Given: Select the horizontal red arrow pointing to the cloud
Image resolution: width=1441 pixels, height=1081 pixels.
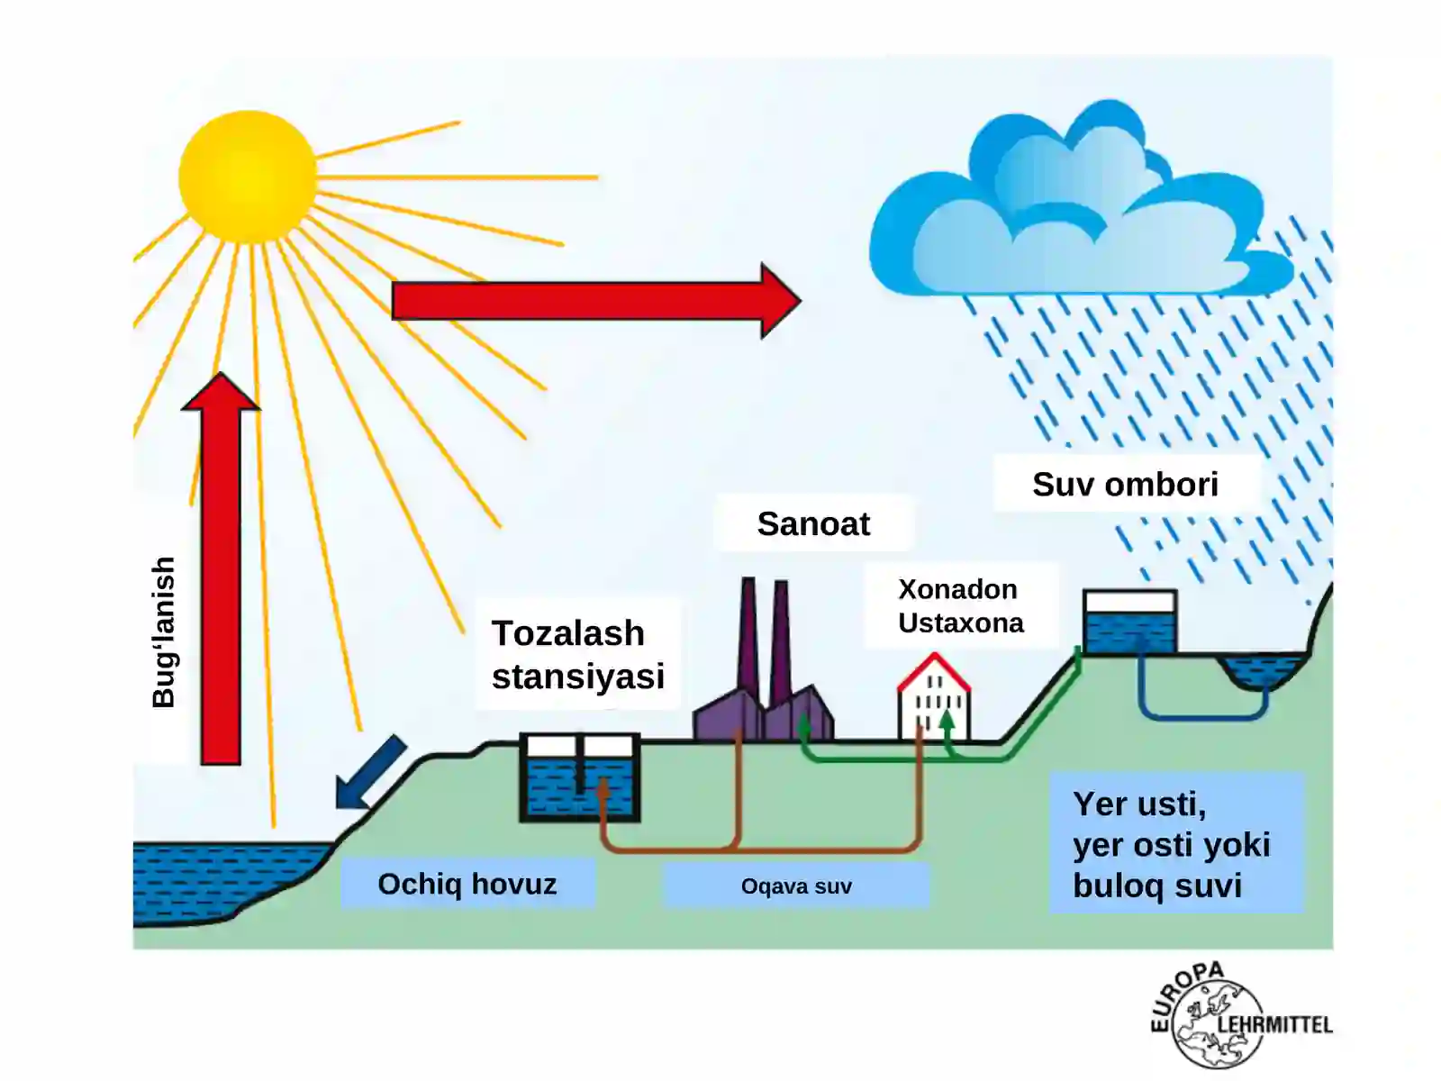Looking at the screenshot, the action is tap(596, 301).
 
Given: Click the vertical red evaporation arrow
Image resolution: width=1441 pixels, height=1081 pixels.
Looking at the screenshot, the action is tap(221, 568).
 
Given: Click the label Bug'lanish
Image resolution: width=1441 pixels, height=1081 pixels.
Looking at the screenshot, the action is tap(164, 632).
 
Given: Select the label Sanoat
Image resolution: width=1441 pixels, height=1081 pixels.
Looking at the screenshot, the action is tap(813, 523).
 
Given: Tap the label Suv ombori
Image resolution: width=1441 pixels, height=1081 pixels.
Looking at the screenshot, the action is tap(1125, 485).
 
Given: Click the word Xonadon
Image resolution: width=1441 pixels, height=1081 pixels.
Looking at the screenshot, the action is tap(958, 589).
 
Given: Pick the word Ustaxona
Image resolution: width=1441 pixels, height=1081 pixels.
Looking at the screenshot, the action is tap(961, 622).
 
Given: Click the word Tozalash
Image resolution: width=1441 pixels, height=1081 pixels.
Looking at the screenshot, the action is tap(568, 633).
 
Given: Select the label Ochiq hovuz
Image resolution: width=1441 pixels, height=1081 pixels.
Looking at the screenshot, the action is tap(467, 884).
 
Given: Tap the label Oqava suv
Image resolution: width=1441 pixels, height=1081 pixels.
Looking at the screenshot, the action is tap(796, 886).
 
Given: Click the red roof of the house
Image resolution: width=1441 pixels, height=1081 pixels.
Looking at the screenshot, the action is tap(934, 671).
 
